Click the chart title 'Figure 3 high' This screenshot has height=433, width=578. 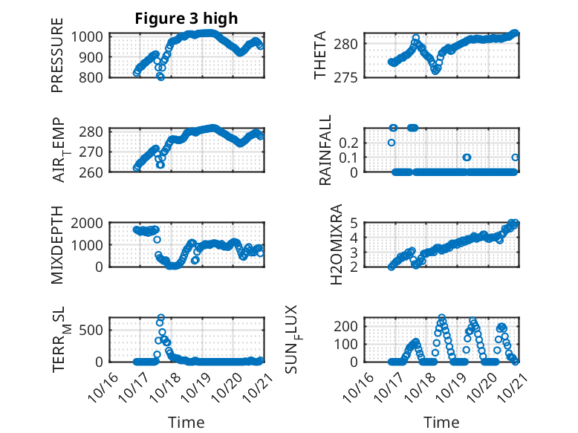click(186, 19)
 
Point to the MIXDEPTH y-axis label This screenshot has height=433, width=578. click(57, 244)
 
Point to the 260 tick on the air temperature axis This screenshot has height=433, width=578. click(94, 172)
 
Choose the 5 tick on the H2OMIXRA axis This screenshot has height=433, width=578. click(356, 223)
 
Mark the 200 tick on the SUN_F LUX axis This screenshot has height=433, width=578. click(351, 325)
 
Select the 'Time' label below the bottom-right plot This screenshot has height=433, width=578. click(441, 423)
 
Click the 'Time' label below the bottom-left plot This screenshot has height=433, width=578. click(186, 423)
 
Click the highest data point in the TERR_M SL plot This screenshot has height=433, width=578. click(161, 318)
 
